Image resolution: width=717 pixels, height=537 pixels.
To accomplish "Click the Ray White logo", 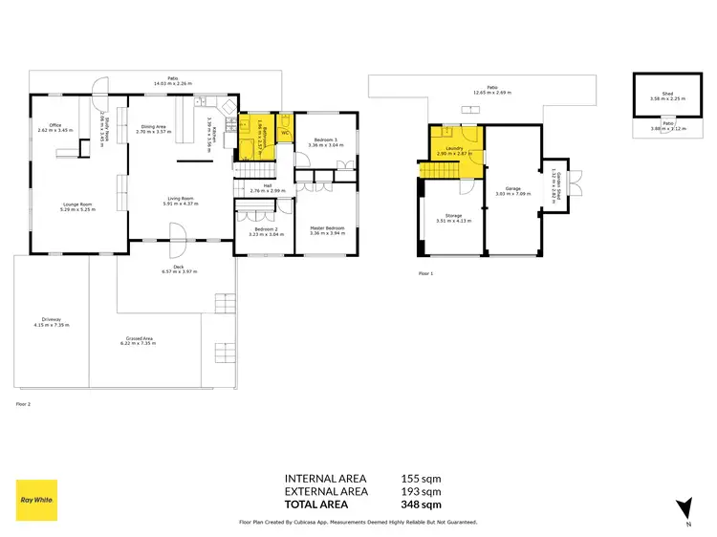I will tap(36, 500).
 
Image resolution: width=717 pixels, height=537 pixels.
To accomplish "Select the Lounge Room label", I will tap(77, 204).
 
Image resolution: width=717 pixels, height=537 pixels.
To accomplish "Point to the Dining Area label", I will tap(155, 125).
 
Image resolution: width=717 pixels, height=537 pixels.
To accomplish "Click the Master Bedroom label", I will tap(326, 227).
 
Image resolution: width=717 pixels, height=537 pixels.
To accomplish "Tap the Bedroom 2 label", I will tap(263, 229).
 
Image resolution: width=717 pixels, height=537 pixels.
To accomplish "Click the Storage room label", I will tap(452, 217).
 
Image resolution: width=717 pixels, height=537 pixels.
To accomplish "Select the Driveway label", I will tap(51, 321).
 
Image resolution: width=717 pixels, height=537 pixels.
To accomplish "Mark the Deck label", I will tap(178, 268).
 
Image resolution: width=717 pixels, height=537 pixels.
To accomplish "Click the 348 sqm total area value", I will tap(421, 504).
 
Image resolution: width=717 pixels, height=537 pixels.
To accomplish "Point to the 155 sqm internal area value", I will tap(421, 479).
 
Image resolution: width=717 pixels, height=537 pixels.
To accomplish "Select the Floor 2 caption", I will tap(24, 404).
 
